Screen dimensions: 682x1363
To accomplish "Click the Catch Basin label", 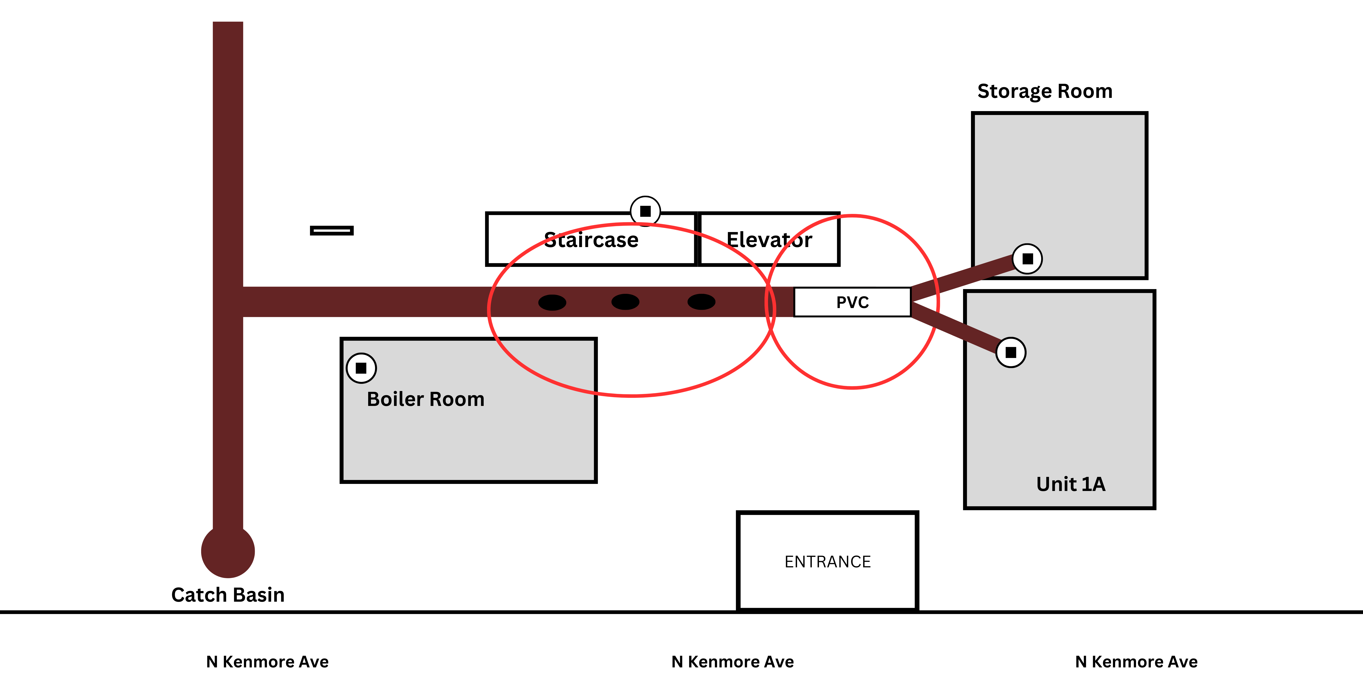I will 228,595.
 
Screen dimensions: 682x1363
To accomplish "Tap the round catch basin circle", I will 228,551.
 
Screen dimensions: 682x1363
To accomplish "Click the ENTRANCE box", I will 828,561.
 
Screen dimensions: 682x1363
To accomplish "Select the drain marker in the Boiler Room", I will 361,368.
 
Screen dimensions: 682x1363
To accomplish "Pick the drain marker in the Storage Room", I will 1028,259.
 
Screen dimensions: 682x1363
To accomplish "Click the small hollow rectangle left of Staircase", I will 332,230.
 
